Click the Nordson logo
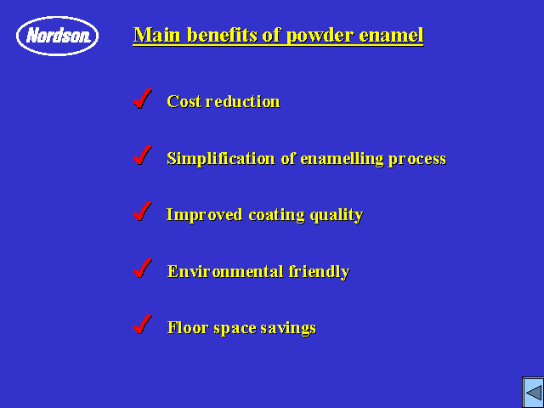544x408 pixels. point(57,36)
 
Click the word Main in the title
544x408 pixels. point(157,35)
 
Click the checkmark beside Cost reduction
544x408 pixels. point(143,99)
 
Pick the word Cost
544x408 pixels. point(184,101)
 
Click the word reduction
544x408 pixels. point(242,101)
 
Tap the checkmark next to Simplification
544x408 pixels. point(143,155)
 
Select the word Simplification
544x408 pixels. point(221,159)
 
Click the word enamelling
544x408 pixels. point(342,159)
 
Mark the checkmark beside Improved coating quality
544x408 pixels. point(143,212)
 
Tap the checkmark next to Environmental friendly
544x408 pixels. point(143,269)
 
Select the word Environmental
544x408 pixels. point(225,272)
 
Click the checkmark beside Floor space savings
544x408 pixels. point(143,325)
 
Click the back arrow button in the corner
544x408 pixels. point(533,393)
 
